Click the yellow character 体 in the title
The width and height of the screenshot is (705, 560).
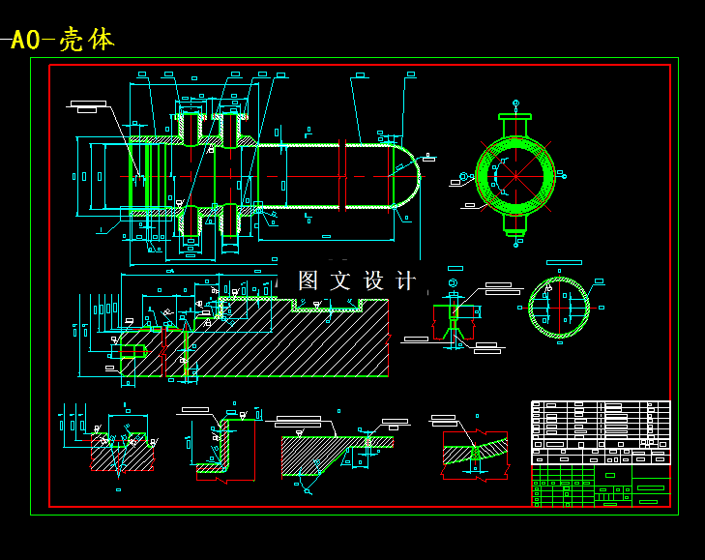click(x=101, y=40)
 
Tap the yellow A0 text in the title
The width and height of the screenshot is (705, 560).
click(x=25, y=41)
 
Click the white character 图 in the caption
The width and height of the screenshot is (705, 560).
click(x=308, y=281)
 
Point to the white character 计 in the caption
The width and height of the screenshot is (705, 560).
click(x=407, y=281)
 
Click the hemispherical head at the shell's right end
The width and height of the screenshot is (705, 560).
click(x=407, y=176)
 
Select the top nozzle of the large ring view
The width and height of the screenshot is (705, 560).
click(x=514, y=125)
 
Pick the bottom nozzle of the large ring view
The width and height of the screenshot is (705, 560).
click(x=514, y=224)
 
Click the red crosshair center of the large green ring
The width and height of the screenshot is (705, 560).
click(x=514, y=175)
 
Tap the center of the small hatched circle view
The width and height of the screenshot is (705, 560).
click(x=559, y=308)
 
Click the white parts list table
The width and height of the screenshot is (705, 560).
click(x=600, y=426)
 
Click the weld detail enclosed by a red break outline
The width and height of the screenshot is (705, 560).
click(x=475, y=453)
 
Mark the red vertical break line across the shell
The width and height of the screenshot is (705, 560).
click(x=341, y=176)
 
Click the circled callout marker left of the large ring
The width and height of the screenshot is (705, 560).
click(x=463, y=176)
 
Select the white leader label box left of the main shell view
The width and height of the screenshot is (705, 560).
click(x=88, y=103)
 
